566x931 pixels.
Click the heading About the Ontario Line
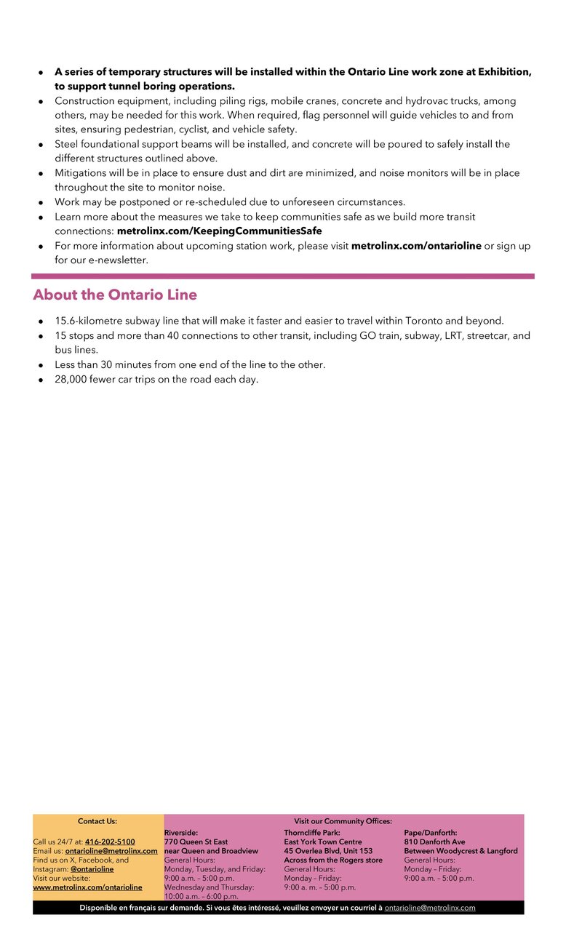[x=114, y=295]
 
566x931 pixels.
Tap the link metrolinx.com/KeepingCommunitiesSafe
[x=219, y=231]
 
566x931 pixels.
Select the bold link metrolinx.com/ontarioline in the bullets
[x=416, y=246]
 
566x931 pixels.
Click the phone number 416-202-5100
[x=110, y=842]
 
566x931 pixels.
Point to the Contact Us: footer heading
[x=97, y=821]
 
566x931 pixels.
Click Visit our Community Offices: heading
[x=343, y=821]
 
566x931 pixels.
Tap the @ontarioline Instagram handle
[x=92, y=869]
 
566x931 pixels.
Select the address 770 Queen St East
[x=196, y=842]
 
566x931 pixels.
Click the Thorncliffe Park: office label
[x=312, y=833]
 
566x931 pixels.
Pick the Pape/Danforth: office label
[x=431, y=833]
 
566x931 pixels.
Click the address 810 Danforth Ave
[x=434, y=842]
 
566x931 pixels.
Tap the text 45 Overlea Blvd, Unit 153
[x=328, y=851]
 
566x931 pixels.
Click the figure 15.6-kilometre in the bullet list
[x=89, y=321]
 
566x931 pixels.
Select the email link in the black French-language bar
[x=429, y=908]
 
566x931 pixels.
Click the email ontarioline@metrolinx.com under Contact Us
[x=111, y=851]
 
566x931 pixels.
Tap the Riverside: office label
[x=181, y=833]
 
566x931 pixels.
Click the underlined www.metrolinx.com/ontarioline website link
[x=87, y=887]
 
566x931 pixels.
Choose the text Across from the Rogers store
[x=333, y=860]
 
